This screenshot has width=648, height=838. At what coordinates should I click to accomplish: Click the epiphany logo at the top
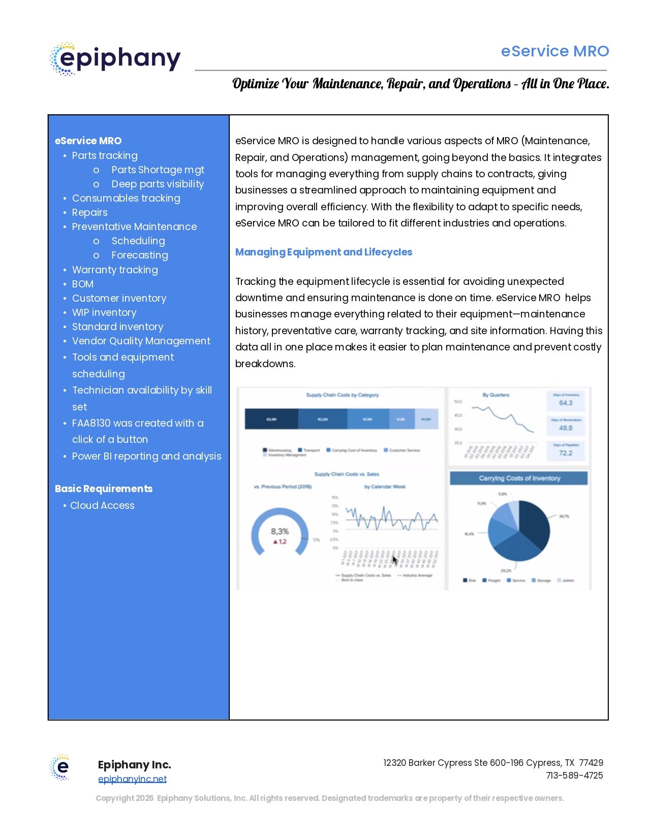pyautogui.click(x=115, y=59)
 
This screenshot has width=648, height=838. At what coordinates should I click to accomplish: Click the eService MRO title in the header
pyautogui.click(x=554, y=51)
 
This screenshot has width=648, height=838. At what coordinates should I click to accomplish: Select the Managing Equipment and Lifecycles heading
pyautogui.click(x=323, y=252)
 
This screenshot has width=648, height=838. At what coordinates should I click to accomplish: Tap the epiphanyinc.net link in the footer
pyautogui.click(x=132, y=779)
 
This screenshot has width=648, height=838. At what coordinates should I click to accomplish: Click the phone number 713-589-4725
pyautogui.click(x=574, y=776)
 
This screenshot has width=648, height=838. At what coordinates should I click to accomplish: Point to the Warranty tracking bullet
pyautogui.click(x=114, y=270)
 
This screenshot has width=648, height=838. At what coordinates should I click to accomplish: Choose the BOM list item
pyautogui.click(x=82, y=284)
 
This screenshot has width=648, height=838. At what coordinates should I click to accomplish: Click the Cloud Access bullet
pyautogui.click(x=102, y=505)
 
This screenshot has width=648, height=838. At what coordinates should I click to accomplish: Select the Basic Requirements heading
pyautogui.click(x=104, y=489)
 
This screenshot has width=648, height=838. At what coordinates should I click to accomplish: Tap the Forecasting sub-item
pyautogui.click(x=139, y=255)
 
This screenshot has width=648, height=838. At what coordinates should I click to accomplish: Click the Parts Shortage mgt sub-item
pyautogui.click(x=158, y=170)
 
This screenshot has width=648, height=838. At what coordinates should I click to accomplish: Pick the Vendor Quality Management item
pyautogui.click(x=141, y=341)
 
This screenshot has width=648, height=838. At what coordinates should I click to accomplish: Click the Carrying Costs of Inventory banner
pyautogui.click(x=519, y=478)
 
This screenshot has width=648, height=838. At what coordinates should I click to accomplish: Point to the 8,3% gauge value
pyautogui.click(x=280, y=531)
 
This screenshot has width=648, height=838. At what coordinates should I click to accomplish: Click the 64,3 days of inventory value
pyautogui.click(x=566, y=403)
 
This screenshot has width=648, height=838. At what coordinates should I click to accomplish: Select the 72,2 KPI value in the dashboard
pyautogui.click(x=566, y=453)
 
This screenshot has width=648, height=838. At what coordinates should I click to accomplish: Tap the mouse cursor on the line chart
pyautogui.click(x=395, y=560)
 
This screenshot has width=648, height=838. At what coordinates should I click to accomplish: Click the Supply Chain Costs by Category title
pyautogui.click(x=342, y=395)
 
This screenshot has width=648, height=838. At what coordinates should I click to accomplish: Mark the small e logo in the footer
pyautogui.click(x=60, y=767)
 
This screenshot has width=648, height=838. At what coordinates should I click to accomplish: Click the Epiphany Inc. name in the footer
pyautogui.click(x=134, y=764)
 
